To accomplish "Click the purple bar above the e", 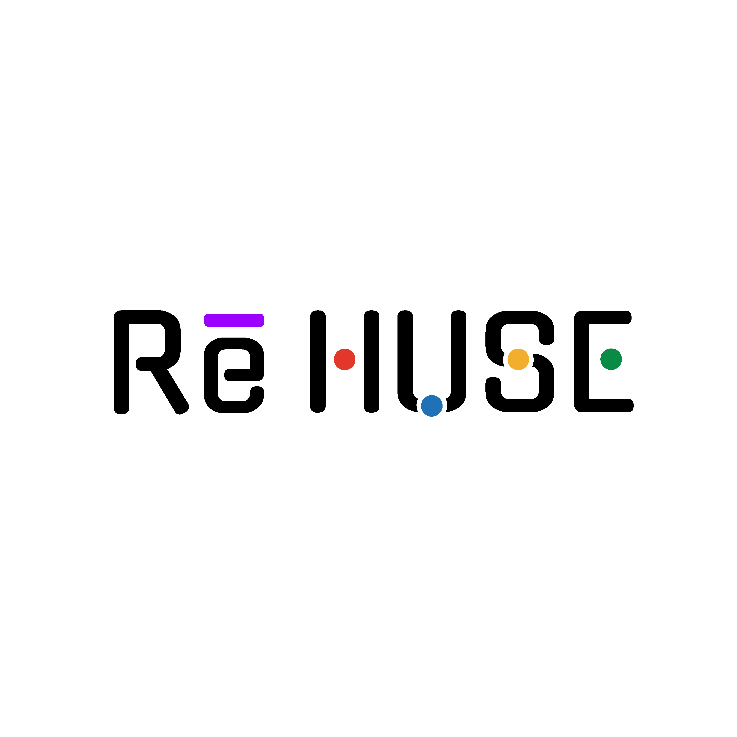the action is (x=234, y=320).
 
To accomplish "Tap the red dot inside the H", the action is (x=344, y=359).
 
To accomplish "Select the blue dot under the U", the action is (x=432, y=406).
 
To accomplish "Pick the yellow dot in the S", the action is (x=518, y=359).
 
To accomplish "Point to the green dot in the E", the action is (x=611, y=359).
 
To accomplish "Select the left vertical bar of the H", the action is (x=318, y=361).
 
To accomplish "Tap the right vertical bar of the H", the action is (x=372, y=361).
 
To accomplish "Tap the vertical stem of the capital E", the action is (x=582, y=361).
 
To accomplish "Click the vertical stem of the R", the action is (x=122, y=362).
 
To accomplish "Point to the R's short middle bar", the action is (x=149, y=364).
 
